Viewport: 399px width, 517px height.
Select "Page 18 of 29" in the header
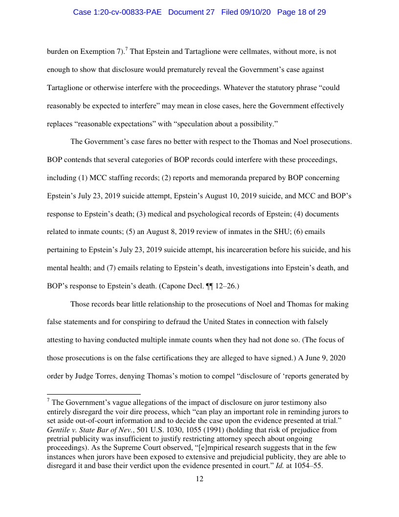[x=301, y=12]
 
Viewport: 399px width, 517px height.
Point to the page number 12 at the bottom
[x=199, y=478]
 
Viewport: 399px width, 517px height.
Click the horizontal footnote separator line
[x=93, y=394]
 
